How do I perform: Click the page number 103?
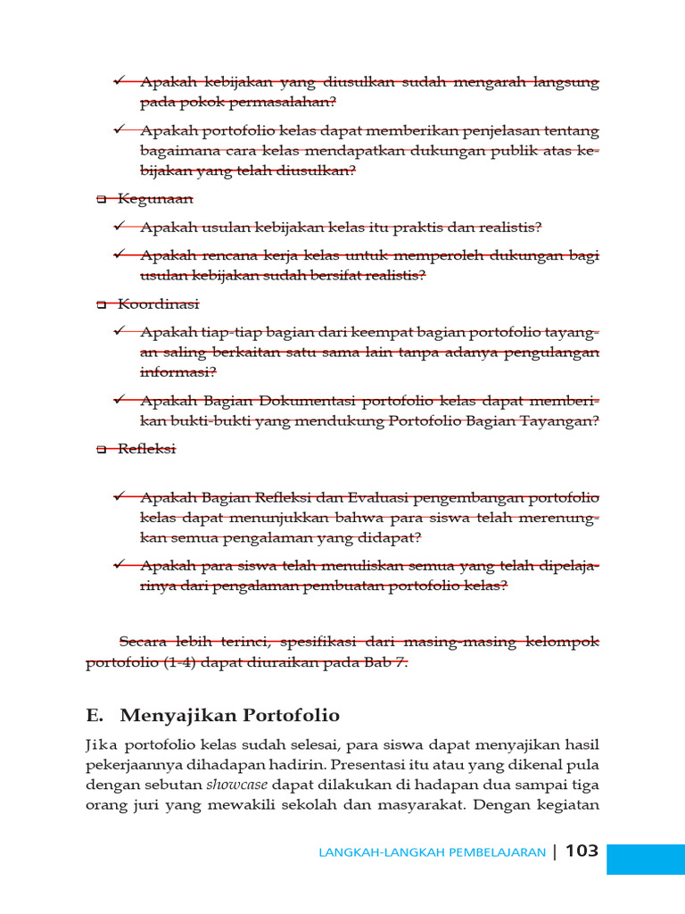pyautogui.click(x=582, y=851)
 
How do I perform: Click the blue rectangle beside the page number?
pyautogui.click(x=645, y=859)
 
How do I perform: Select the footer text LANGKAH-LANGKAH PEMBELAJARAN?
pyautogui.click(x=432, y=852)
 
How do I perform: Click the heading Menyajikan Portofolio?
pyautogui.click(x=229, y=715)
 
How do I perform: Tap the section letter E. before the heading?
pyautogui.click(x=96, y=715)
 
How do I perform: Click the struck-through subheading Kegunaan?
pyautogui.click(x=155, y=199)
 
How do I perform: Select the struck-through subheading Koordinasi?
pyautogui.click(x=159, y=304)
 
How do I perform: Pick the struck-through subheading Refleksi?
pyautogui.click(x=147, y=449)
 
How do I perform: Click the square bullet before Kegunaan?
pyautogui.click(x=101, y=200)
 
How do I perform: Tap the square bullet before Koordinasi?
pyautogui.click(x=101, y=305)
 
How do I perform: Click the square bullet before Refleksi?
pyautogui.click(x=101, y=450)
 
